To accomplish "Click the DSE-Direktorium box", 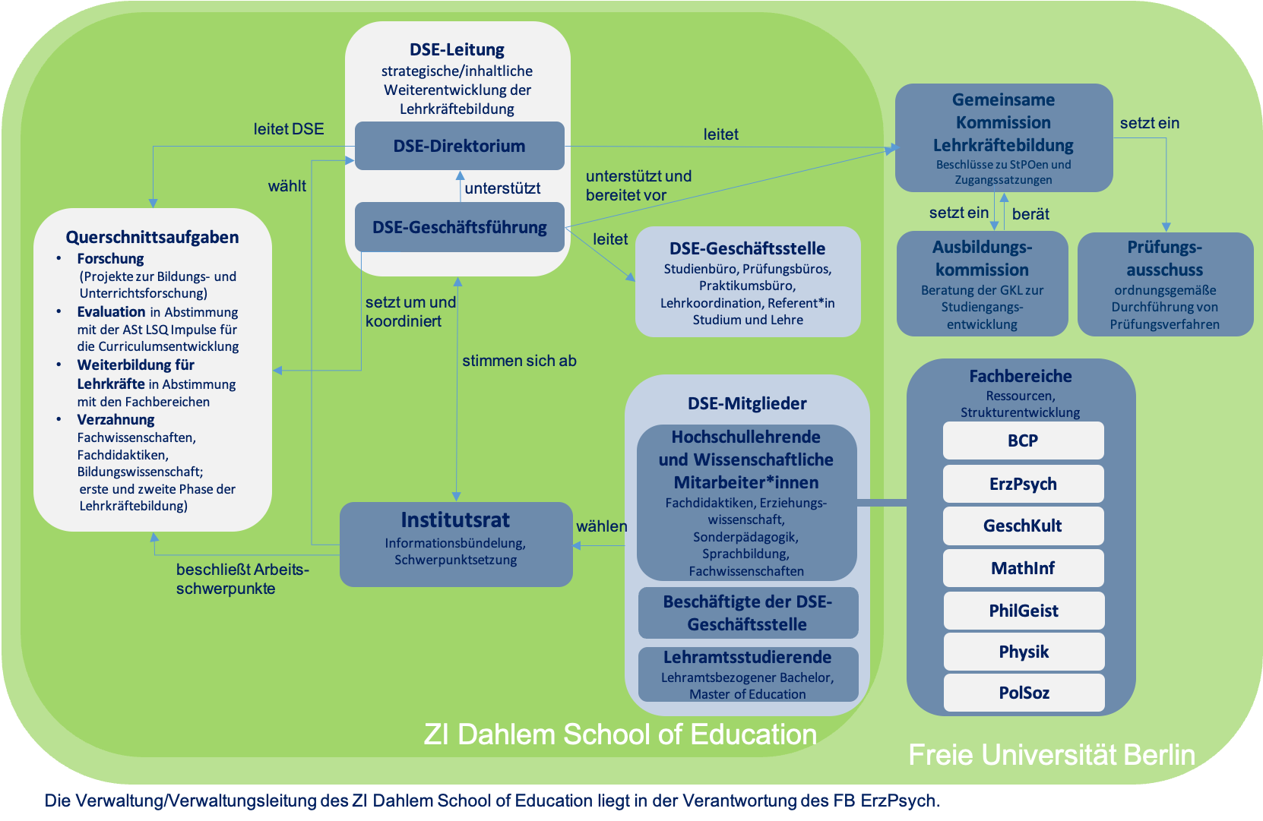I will (x=459, y=146).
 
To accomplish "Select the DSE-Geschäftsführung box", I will (x=459, y=227).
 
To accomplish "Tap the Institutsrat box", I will (x=455, y=544).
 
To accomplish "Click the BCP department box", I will (x=1023, y=440).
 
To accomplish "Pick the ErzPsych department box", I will (x=1023, y=484).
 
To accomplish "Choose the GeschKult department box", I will (x=1023, y=526).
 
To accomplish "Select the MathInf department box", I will (x=1023, y=568).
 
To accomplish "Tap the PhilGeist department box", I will (x=1023, y=611).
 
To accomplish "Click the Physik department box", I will (x=1023, y=652).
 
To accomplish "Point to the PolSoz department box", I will (x=1023, y=693).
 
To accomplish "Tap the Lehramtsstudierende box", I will (x=748, y=674).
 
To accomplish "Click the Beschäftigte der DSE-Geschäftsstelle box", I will (x=748, y=613).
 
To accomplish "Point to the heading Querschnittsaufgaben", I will (x=152, y=237).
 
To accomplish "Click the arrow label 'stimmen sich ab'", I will (x=519, y=361).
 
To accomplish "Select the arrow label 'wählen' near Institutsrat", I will (x=601, y=526).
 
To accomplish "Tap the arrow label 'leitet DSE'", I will (x=288, y=129).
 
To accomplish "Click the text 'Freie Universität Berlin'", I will (x=1052, y=755).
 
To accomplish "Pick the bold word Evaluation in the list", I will (x=111, y=311).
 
